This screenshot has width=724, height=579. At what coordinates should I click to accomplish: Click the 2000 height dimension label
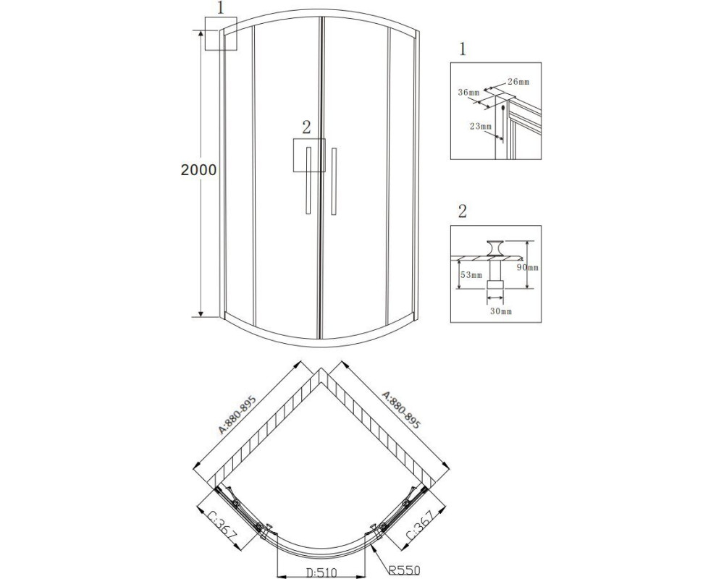(198, 170)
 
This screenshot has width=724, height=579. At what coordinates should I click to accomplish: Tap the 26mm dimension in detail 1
(518, 83)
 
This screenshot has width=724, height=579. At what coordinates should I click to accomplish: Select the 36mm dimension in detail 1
(468, 93)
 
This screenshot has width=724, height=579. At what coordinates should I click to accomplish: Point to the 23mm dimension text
(481, 126)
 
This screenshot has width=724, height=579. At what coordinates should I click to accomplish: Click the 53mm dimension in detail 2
(471, 275)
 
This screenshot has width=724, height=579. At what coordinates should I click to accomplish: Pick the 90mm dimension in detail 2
(528, 268)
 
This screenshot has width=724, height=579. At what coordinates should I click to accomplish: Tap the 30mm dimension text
(501, 311)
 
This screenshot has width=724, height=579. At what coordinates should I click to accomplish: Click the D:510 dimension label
(322, 572)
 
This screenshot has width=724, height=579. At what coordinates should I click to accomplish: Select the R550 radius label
(404, 571)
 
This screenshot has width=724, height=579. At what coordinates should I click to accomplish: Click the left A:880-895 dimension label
(237, 415)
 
